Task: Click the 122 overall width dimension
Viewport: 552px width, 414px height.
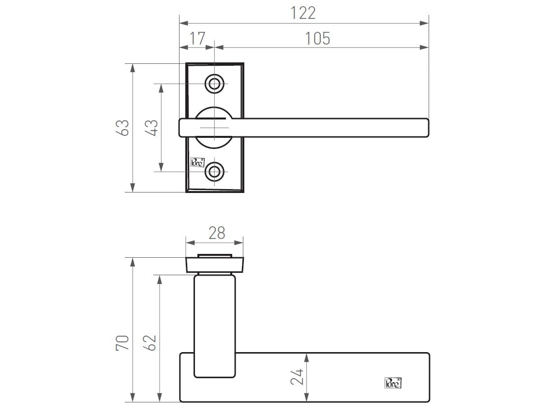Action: click(303, 13)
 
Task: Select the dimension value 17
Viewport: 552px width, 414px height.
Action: click(197, 38)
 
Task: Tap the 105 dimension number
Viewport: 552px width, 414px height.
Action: click(317, 38)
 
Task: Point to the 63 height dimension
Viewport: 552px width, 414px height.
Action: click(124, 128)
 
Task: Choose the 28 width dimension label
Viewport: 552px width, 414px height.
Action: click(216, 233)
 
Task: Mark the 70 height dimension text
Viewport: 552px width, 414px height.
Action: click(123, 342)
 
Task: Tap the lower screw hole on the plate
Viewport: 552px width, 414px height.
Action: click(214, 171)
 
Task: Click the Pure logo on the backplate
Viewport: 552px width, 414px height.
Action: click(197, 162)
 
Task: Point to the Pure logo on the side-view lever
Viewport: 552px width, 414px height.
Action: click(392, 383)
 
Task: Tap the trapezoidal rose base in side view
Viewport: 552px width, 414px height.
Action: click(215, 265)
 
